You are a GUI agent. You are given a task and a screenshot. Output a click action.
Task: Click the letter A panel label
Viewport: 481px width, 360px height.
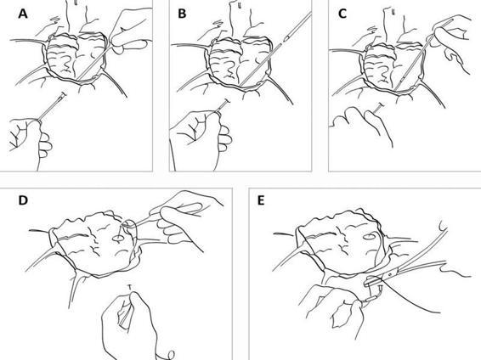tap(23, 14)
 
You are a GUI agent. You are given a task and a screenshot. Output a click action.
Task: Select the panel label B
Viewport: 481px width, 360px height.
tap(182, 14)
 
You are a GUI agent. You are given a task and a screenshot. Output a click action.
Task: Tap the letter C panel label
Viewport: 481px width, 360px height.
tap(342, 14)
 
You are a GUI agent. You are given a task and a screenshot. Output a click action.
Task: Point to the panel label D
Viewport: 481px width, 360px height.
tap(23, 200)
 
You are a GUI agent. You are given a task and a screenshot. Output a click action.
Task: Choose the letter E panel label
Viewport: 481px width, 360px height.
tap(261, 200)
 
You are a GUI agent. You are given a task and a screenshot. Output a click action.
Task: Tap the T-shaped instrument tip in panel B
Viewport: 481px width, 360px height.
tap(227, 101)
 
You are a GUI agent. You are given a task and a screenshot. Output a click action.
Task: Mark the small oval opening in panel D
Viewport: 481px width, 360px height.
tap(117, 238)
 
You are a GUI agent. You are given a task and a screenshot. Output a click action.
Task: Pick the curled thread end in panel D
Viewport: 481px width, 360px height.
tap(170, 356)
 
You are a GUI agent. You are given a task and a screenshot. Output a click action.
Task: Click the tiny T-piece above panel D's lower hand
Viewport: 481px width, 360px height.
tap(130, 287)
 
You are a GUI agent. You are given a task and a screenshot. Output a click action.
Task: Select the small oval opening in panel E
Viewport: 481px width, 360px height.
tap(370, 237)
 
